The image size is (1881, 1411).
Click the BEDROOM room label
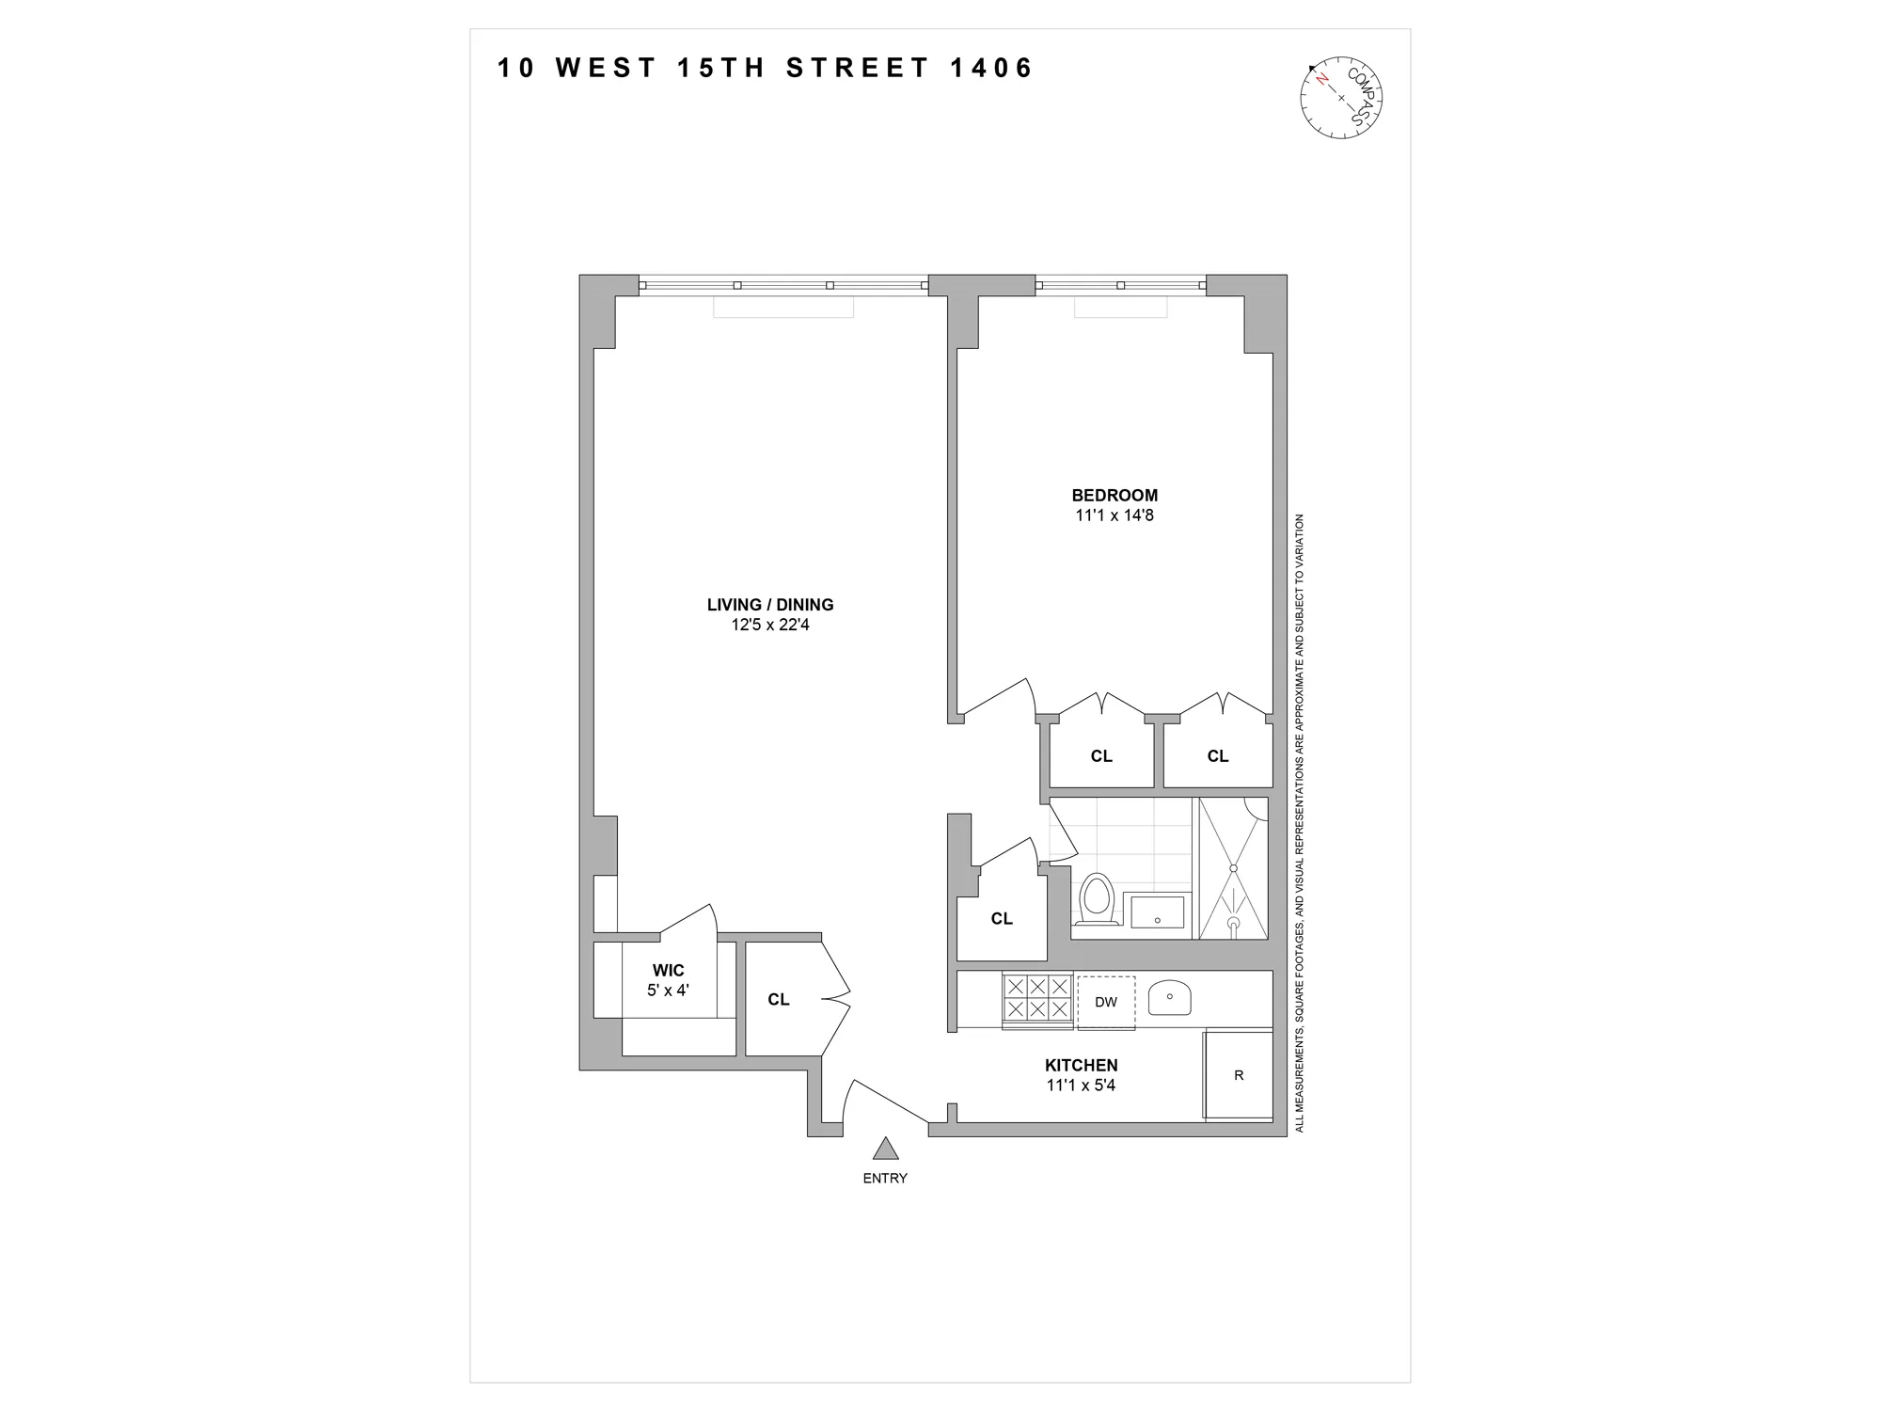(x=1114, y=495)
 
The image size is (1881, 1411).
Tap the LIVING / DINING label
(x=770, y=605)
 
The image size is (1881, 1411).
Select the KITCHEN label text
(x=1081, y=1065)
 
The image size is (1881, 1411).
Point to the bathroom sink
(x=1157, y=912)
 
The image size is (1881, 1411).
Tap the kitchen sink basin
(x=1170, y=998)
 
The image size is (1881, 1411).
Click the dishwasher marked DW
(x=1106, y=1003)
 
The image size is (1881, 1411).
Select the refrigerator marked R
(x=1239, y=1075)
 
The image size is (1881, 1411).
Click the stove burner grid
(x=1037, y=998)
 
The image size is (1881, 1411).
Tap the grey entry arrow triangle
(x=885, y=1149)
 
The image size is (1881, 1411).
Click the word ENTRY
(x=885, y=1178)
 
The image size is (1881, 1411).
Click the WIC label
(x=669, y=971)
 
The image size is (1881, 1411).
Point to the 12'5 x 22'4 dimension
(x=770, y=625)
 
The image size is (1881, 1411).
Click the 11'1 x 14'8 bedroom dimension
(x=1114, y=515)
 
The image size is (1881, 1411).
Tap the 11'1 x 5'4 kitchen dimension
(x=1081, y=1086)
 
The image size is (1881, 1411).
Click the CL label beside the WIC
(x=778, y=999)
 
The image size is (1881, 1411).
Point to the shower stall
(x=1233, y=868)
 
